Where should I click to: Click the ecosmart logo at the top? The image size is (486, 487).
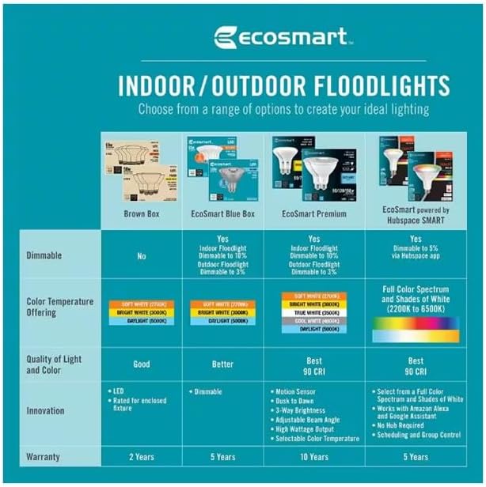(x=282, y=37)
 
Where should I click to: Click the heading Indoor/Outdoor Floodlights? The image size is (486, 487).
(x=283, y=85)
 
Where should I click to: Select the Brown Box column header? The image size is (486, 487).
(x=142, y=213)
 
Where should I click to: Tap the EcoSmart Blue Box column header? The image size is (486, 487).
(x=222, y=213)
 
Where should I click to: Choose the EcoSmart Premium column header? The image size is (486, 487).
(x=314, y=213)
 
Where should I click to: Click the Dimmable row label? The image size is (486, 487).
(x=44, y=256)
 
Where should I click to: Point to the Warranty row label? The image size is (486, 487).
(x=44, y=457)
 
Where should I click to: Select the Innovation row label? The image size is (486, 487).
(x=47, y=411)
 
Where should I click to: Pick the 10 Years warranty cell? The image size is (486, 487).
(x=314, y=457)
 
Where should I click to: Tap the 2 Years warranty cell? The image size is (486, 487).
(x=142, y=457)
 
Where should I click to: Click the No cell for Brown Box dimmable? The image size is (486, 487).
(x=142, y=256)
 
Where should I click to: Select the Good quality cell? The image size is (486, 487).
(x=142, y=364)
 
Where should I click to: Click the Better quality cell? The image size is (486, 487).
(x=222, y=364)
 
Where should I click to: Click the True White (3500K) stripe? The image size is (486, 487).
(x=314, y=312)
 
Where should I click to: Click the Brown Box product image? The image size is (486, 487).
(x=142, y=171)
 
